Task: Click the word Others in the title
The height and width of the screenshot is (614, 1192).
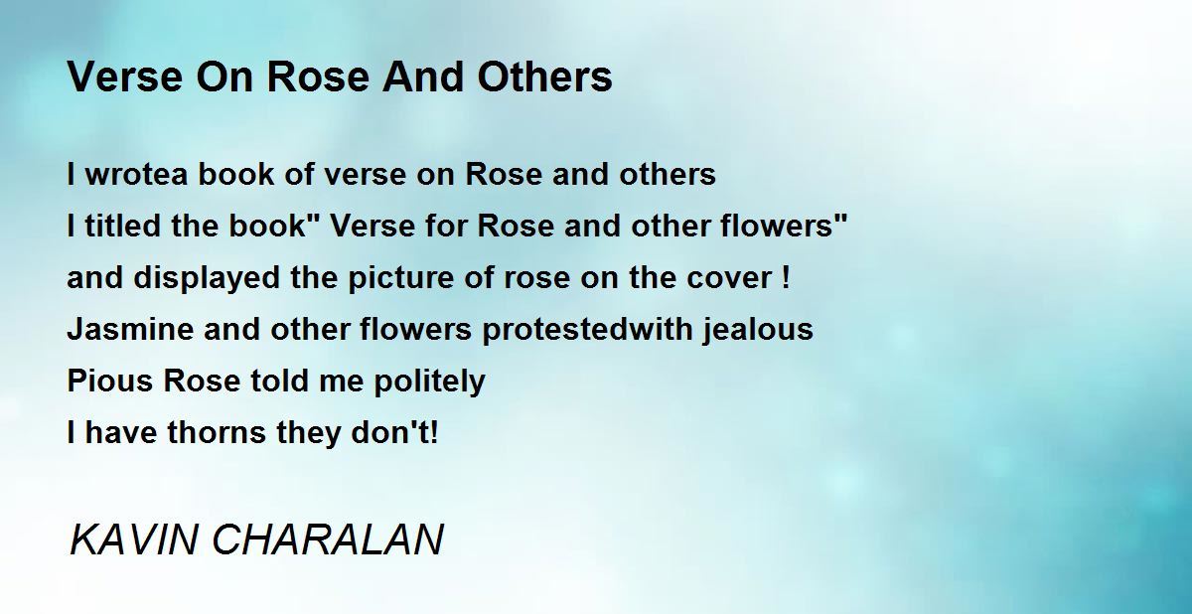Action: tap(544, 77)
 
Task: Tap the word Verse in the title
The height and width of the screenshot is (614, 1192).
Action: tap(125, 77)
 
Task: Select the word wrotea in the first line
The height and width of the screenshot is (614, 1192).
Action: tap(137, 175)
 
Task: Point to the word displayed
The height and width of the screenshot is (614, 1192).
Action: tap(207, 278)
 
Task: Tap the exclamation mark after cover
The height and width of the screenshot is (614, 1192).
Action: tap(787, 277)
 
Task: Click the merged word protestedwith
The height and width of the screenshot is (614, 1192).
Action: tap(587, 330)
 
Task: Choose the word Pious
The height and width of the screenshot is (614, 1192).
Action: tap(110, 381)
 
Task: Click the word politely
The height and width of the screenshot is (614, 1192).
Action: tap(430, 382)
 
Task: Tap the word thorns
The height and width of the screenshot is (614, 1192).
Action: tap(217, 432)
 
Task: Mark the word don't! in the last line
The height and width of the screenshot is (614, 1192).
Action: tap(395, 432)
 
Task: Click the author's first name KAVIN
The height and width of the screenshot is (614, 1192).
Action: tap(133, 540)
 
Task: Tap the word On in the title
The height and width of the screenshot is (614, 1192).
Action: tap(224, 77)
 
